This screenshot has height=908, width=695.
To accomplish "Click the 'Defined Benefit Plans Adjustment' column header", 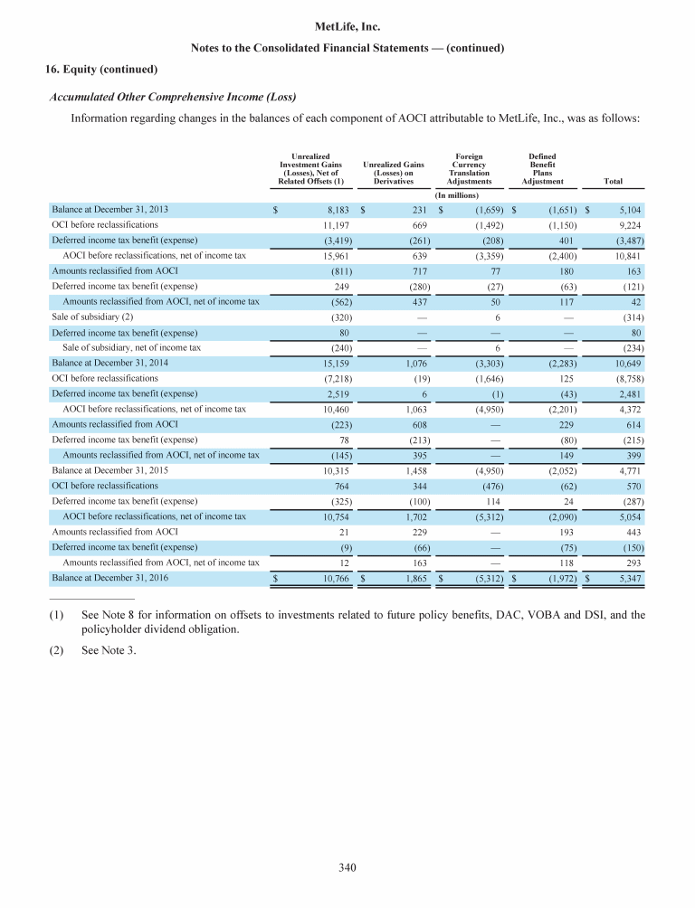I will click(542, 169).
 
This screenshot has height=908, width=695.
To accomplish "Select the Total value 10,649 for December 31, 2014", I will click(626, 363).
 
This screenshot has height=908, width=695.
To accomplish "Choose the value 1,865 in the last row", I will click(412, 576).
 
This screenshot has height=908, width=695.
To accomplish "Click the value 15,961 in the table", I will click(335, 256).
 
